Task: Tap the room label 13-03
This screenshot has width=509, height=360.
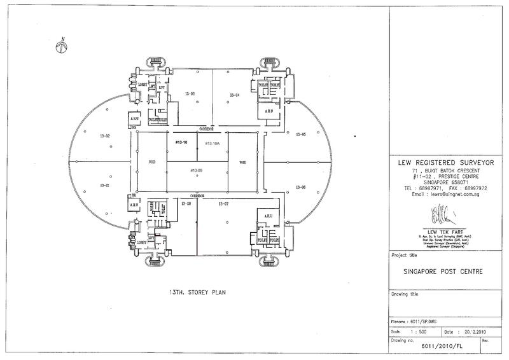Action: point(189,94)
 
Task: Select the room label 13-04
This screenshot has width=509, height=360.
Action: point(234,95)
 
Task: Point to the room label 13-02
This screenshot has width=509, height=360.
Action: point(106,136)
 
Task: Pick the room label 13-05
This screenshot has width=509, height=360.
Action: point(301,135)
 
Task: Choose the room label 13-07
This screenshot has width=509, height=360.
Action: point(223,204)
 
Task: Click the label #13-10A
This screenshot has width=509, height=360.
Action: point(212,144)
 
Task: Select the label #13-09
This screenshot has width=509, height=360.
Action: point(196,170)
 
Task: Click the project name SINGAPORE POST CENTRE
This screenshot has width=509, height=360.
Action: point(443,272)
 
